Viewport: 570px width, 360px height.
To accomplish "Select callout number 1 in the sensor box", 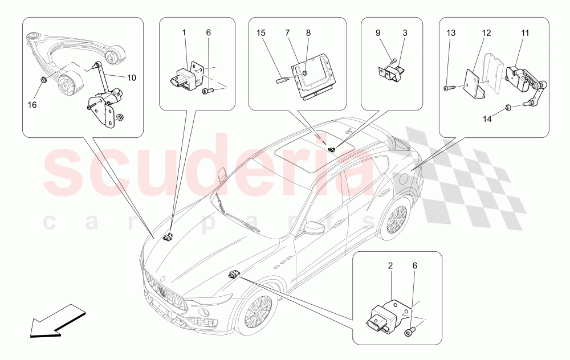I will [185, 33].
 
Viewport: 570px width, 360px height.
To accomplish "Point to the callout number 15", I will [261, 33].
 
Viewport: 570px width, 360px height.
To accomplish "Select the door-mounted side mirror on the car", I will [313, 228].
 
